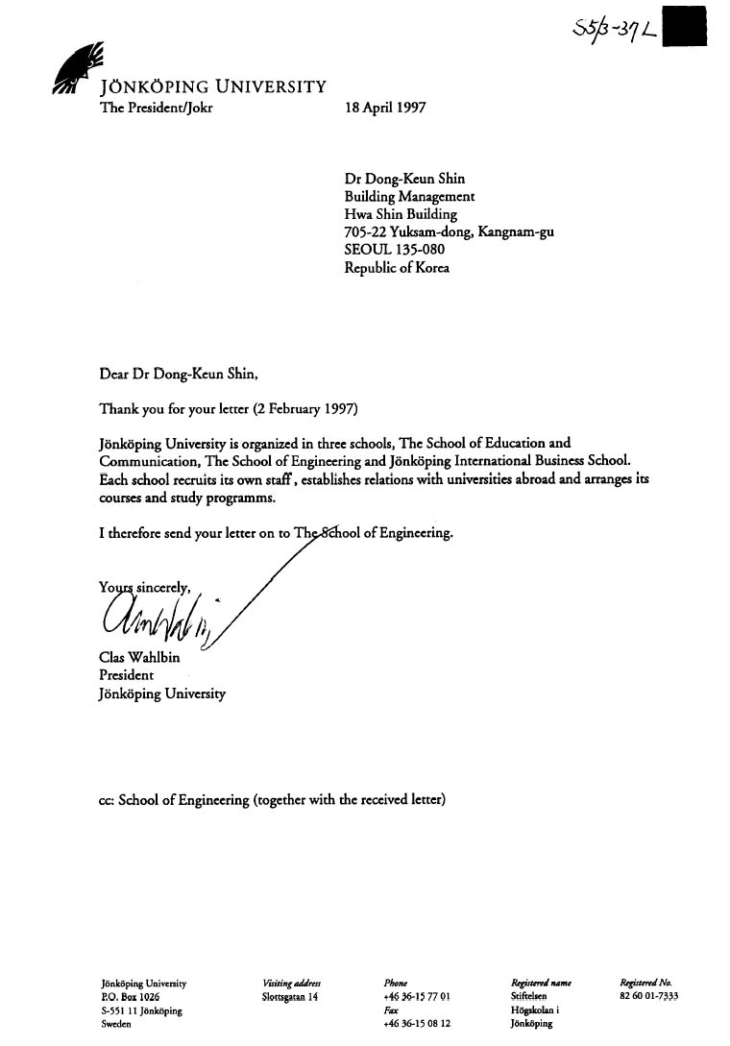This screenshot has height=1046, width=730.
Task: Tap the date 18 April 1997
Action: pyautogui.click(x=384, y=108)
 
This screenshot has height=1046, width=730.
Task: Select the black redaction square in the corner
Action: pyautogui.click(x=685, y=26)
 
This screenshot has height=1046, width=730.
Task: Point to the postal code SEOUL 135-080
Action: pyautogui.click(x=394, y=250)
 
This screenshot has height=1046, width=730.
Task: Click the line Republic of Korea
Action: pyautogui.click(x=396, y=268)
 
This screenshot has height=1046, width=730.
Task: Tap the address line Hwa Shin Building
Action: pyautogui.click(x=401, y=214)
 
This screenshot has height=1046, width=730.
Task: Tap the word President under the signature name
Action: pyautogui.click(x=127, y=675)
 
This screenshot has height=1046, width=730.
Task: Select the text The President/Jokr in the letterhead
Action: pyautogui.click(x=157, y=108)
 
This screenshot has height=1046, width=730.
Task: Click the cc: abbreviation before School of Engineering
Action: pyautogui.click(x=107, y=799)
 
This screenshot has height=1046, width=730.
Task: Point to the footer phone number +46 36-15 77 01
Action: pyautogui.click(x=416, y=997)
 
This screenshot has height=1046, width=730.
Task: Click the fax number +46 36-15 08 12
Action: pyautogui.click(x=416, y=1024)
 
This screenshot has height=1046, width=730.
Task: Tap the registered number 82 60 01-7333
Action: pyautogui.click(x=649, y=997)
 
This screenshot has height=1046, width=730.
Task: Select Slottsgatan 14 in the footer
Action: pyautogui.click(x=289, y=997)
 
